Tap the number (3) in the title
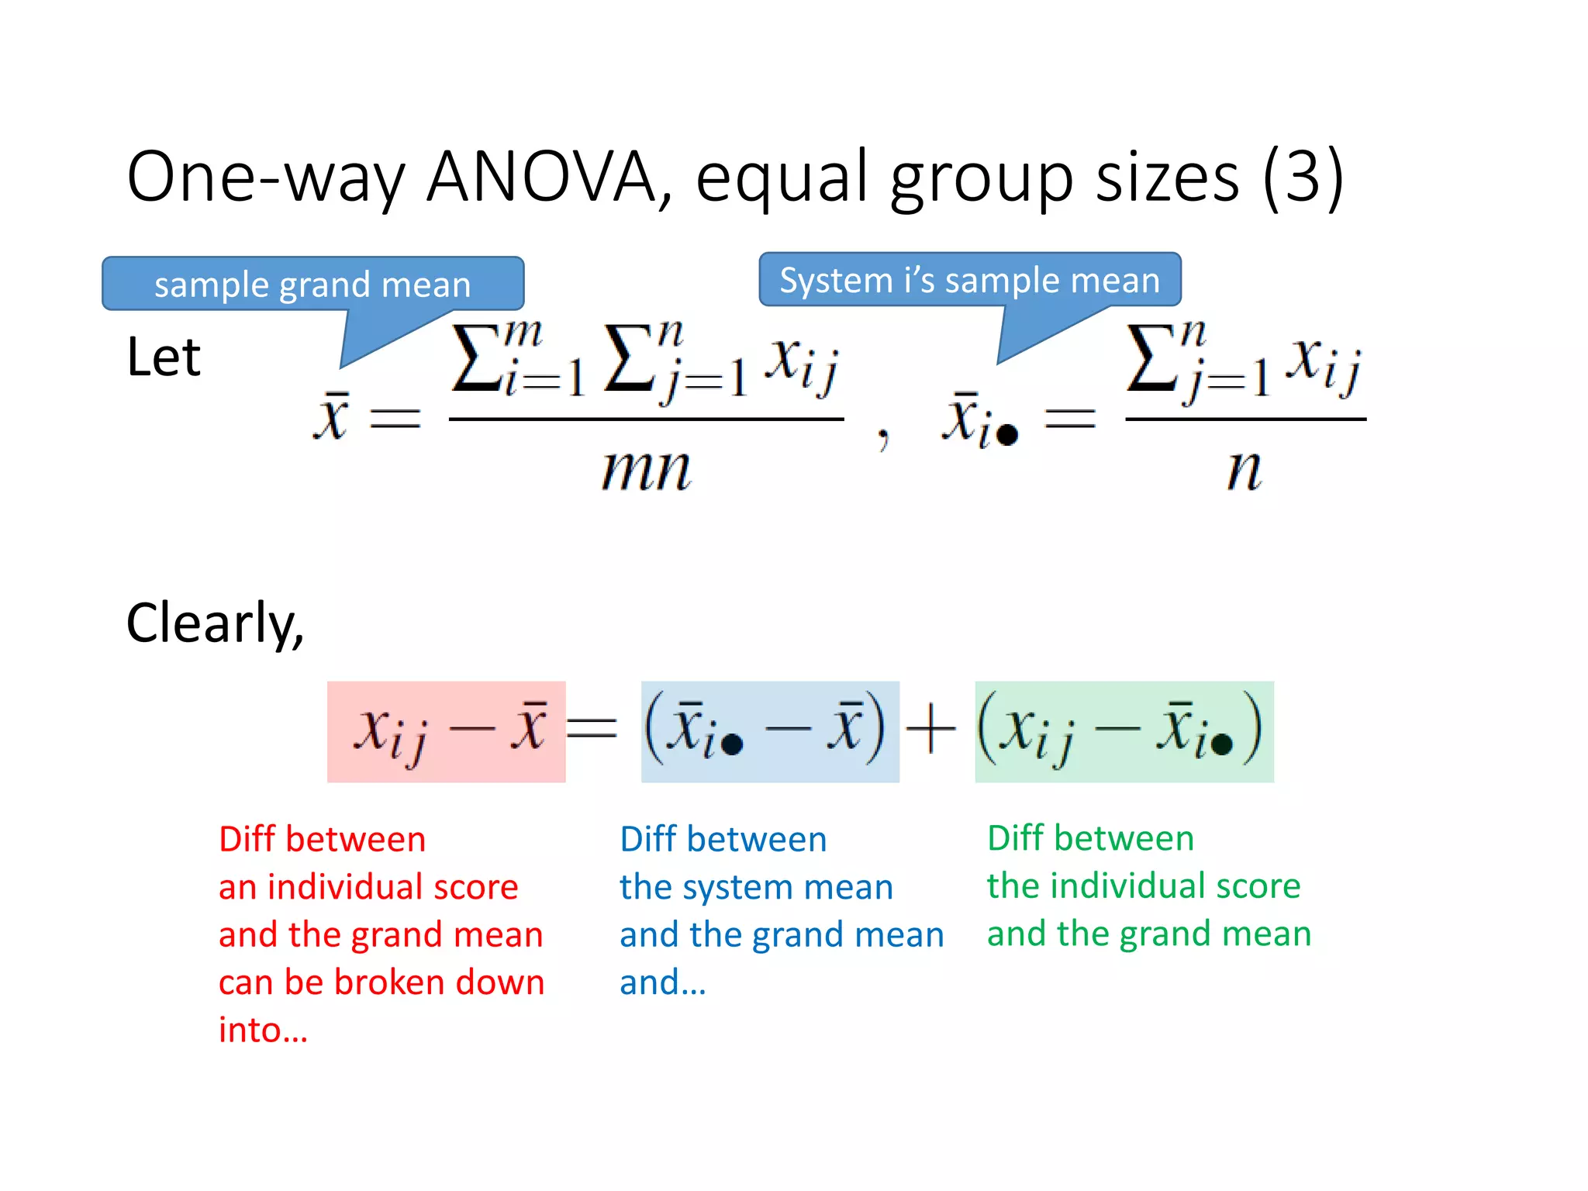tap(1303, 177)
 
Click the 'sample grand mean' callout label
tap(312, 285)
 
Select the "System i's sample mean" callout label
tap(969, 280)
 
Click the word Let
tap(164, 357)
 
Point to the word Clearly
tap(214, 623)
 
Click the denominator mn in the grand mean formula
tap(646, 470)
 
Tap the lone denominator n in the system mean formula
tap(1244, 470)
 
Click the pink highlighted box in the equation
tap(446, 731)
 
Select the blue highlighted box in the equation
tap(769, 731)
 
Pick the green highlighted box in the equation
tap(1124, 731)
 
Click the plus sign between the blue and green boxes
tap(930, 730)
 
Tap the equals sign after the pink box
tap(592, 729)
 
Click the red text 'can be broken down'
tap(381, 982)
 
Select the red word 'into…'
tap(263, 1030)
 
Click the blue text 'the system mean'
tap(756, 886)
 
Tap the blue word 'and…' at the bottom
tap(662, 982)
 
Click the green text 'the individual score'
tap(1144, 885)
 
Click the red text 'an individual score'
tap(368, 886)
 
